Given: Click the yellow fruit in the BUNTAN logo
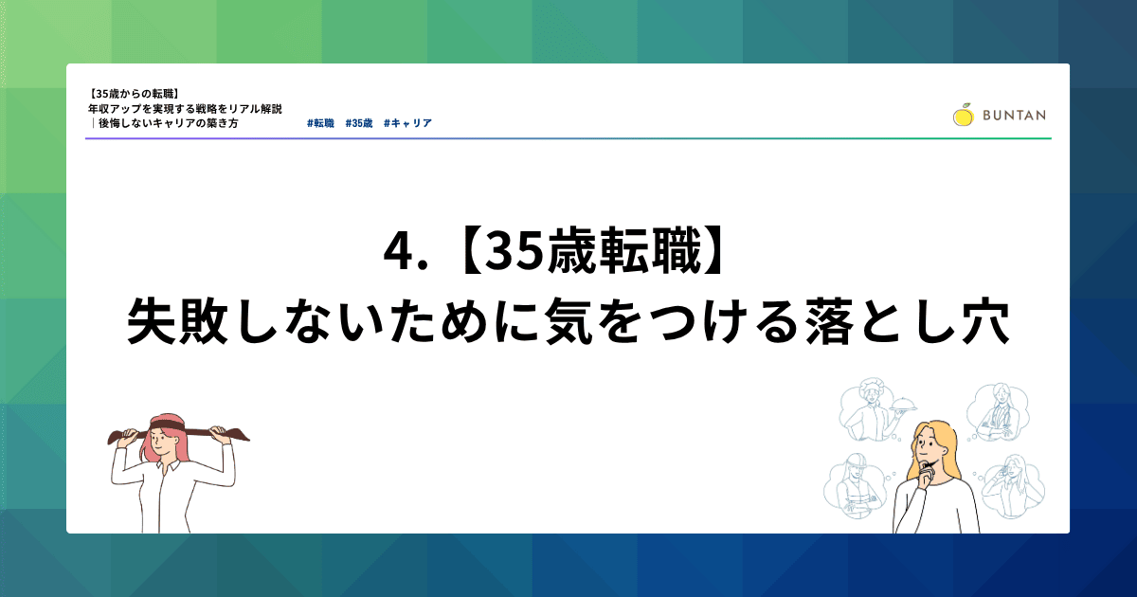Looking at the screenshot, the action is click(963, 115).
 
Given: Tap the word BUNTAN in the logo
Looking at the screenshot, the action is click(1014, 116).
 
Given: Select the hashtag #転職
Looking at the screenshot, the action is click(320, 123).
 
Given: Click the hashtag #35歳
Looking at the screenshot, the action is click(359, 123).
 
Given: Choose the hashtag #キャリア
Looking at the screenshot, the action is click(407, 123).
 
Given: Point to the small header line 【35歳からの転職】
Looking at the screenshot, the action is click(134, 94).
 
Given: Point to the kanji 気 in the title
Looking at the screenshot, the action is click(569, 322).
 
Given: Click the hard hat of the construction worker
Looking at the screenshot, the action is click(857, 462).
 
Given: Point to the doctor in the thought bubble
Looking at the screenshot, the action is click(997, 413).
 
